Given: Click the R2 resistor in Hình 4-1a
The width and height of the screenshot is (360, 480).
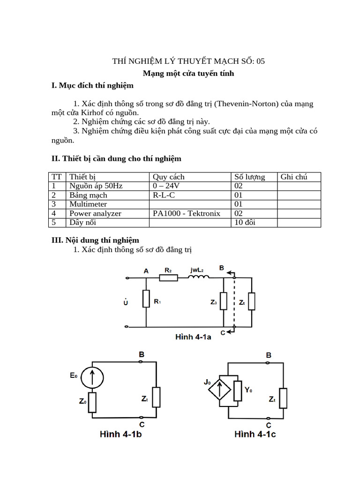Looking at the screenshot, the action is (169, 277).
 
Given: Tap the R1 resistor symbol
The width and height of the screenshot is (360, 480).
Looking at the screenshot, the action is (146, 299).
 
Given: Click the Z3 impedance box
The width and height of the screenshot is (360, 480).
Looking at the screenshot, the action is (224, 301).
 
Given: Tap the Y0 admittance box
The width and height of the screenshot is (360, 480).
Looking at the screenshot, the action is (238, 389).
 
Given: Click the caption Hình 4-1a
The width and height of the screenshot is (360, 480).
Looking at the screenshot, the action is (193, 337).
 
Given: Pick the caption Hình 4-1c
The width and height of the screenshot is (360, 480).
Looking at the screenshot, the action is (255, 435).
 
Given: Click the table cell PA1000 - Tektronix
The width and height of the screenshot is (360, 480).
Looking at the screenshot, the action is (187, 213).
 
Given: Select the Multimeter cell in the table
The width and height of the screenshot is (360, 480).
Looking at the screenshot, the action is (88, 204).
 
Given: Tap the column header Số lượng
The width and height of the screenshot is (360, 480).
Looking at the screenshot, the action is (250, 177).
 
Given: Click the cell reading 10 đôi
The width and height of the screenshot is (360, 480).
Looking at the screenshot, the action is (245, 222).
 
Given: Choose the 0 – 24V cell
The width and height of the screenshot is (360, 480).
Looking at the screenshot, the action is (167, 186).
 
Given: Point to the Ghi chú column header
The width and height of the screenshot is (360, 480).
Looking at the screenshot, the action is (294, 177).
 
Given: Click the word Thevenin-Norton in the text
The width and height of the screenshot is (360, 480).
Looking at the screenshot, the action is (246, 104).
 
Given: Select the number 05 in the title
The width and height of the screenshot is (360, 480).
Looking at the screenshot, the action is (261, 61).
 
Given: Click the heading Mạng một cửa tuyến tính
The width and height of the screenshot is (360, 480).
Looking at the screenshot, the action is (188, 74).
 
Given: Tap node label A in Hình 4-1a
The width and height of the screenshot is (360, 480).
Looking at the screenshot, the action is (146, 270).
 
